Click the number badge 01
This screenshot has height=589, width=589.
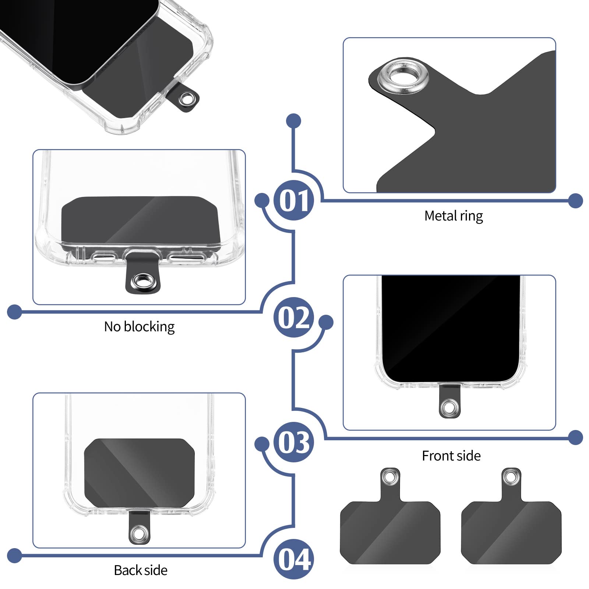[293, 201]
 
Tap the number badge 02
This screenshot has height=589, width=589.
[293, 317]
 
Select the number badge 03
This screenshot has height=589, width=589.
[293, 442]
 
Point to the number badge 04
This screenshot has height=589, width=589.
[293, 559]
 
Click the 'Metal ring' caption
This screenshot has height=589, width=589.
[453, 216]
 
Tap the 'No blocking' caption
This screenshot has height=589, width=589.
[139, 327]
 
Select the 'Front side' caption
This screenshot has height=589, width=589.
[451, 456]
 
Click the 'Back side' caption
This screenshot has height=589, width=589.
[141, 570]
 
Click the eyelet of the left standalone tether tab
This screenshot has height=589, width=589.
[390, 477]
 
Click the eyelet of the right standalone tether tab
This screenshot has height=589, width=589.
[511, 477]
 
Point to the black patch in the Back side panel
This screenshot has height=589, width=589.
[139, 472]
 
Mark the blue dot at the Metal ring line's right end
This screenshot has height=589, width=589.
[575, 201]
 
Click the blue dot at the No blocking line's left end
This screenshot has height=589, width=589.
[14, 312]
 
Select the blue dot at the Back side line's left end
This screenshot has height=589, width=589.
[14, 555]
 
